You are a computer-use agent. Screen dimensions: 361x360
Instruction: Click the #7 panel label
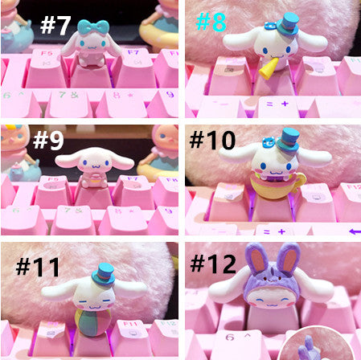[x=55, y=26]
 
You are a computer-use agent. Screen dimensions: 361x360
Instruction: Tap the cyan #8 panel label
[x=211, y=22]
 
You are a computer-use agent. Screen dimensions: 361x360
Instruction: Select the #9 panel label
[x=48, y=140]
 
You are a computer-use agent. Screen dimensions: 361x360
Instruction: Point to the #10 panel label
[x=212, y=140]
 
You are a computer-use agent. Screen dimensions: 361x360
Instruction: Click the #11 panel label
[x=38, y=267]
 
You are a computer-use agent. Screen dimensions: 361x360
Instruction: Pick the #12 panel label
[x=213, y=264]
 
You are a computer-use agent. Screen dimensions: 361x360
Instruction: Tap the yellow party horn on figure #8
[x=269, y=68]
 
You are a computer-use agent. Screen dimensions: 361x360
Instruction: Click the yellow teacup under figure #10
[x=276, y=187]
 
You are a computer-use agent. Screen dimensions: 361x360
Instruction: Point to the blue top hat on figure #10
[x=288, y=140]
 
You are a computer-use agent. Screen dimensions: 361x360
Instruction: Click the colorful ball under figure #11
[x=92, y=321]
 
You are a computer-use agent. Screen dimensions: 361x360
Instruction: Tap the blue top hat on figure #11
[x=103, y=275]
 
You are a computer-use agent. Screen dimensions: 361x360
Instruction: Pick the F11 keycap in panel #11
[x=130, y=340]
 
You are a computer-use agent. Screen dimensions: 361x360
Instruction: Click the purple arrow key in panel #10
[x=355, y=231]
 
